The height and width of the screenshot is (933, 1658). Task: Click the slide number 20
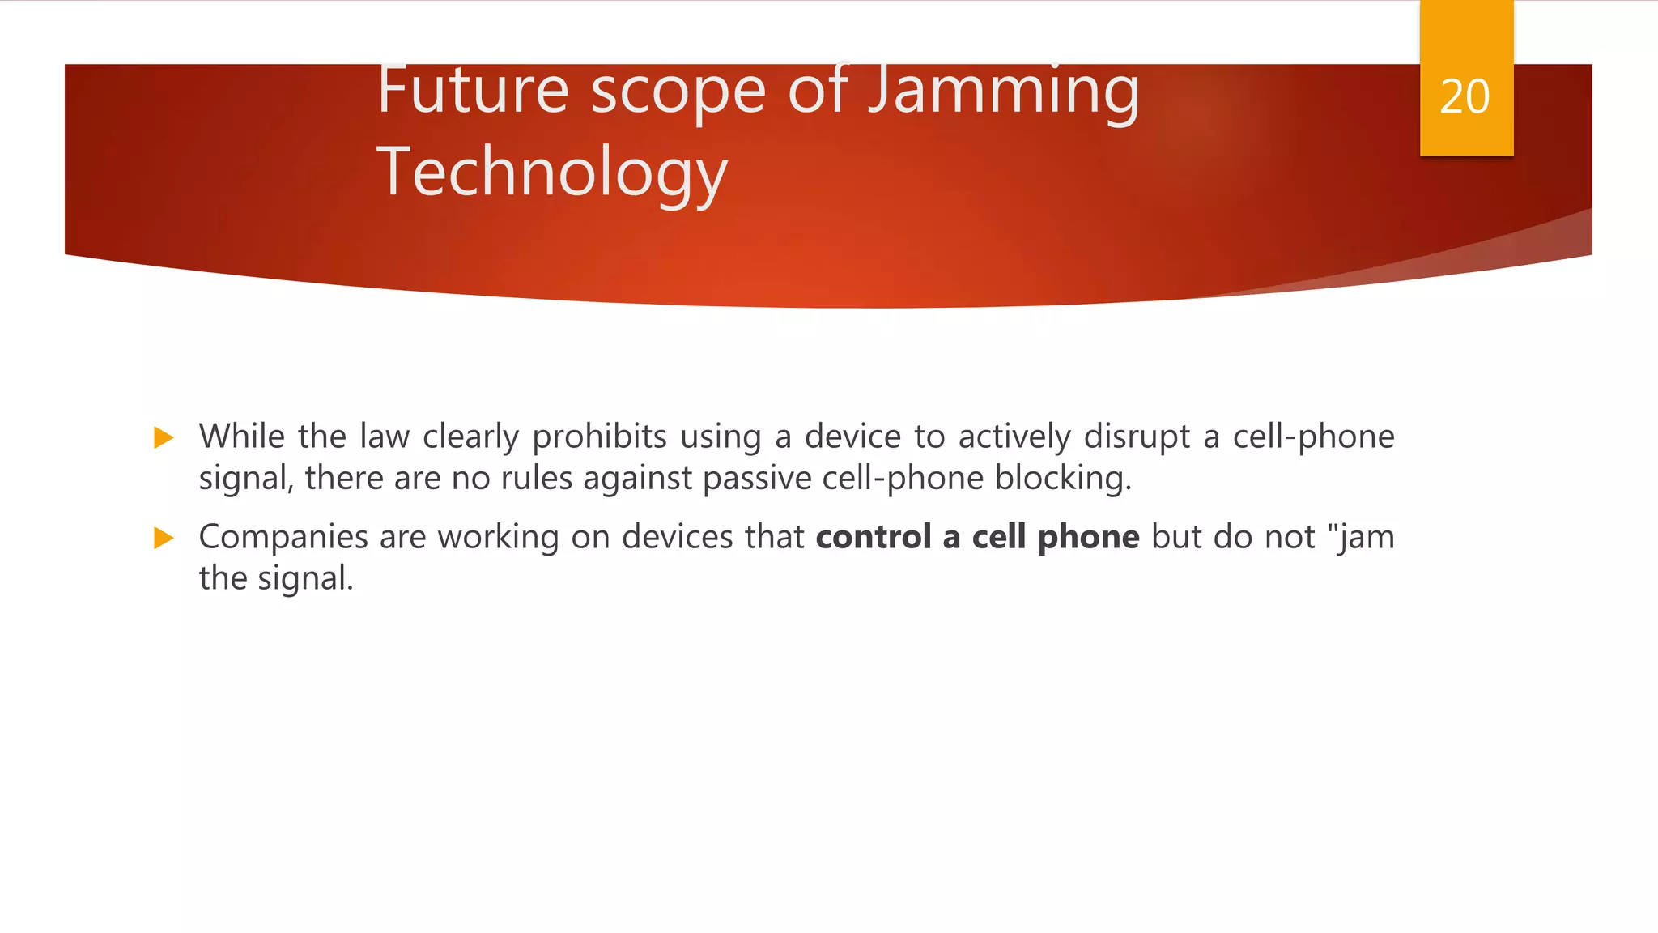[x=1465, y=97]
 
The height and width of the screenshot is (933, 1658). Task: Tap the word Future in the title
[x=473, y=91]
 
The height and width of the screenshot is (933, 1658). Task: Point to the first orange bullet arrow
[x=164, y=438]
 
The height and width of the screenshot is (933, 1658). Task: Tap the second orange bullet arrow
[x=164, y=538]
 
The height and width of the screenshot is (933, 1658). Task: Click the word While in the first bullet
[x=241, y=437]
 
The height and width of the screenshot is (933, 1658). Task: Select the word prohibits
[x=599, y=437]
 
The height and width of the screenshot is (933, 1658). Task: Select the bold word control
[x=874, y=537]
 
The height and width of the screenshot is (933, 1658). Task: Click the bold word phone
[x=1088, y=537]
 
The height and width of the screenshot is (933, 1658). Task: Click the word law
[x=385, y=437]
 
